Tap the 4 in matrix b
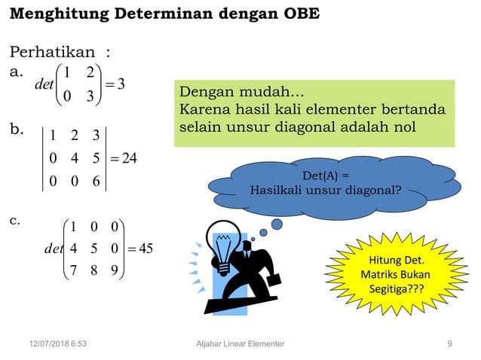tap(74, 159)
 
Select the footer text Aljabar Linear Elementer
tap(239, 343)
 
